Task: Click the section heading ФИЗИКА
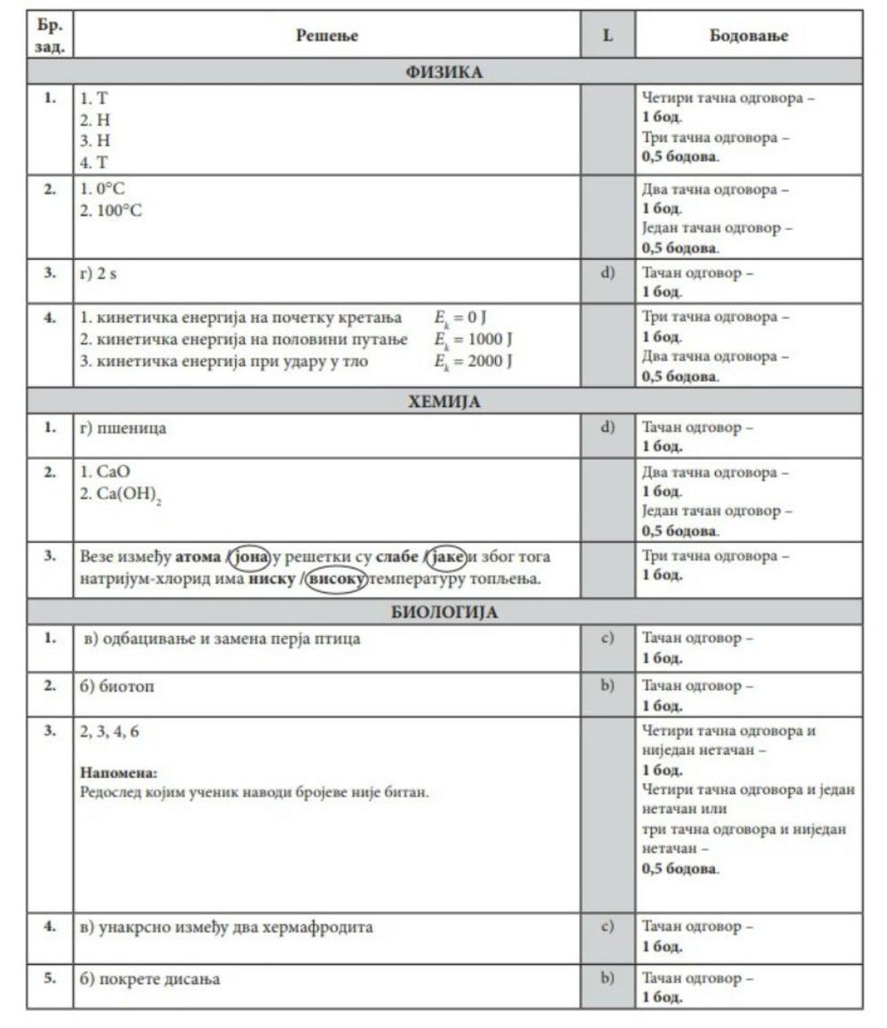[x=443, y=72]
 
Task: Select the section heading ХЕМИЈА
[x=443, y=401]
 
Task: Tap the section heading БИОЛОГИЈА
[x=443, y=612]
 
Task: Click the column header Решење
[x=327, y=35]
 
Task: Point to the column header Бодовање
[x=749, y=35]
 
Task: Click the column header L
[x=608, y=35]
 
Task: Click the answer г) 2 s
[x=98, y=274]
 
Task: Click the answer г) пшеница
[x=122, y=428]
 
